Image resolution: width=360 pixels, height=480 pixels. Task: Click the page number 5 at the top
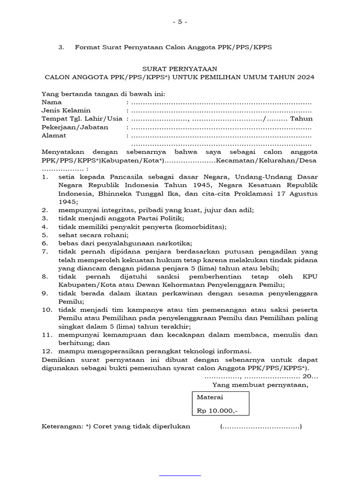[x=180, y=22]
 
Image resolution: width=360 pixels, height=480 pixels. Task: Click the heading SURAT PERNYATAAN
[x=180, y=68]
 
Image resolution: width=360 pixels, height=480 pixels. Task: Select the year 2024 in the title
[x=305, y=77]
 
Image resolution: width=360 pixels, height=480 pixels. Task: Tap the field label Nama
[x=52, y=102]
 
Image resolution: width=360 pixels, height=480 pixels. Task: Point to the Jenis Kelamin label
[x=66, y=111]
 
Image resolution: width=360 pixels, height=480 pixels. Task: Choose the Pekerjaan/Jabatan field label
[x=75, y=127]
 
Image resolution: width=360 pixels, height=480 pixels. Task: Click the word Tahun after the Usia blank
[x=301, y=119]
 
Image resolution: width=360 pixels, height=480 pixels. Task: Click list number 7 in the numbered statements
[x=45, y=252]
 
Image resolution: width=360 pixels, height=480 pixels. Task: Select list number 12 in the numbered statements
[x=46, y=352]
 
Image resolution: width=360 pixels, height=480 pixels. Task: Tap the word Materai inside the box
[x=210, y=397]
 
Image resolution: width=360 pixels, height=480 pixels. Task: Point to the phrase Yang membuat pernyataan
[x=261, y=385]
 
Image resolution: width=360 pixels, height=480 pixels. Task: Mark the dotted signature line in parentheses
[x=261, y=427]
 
